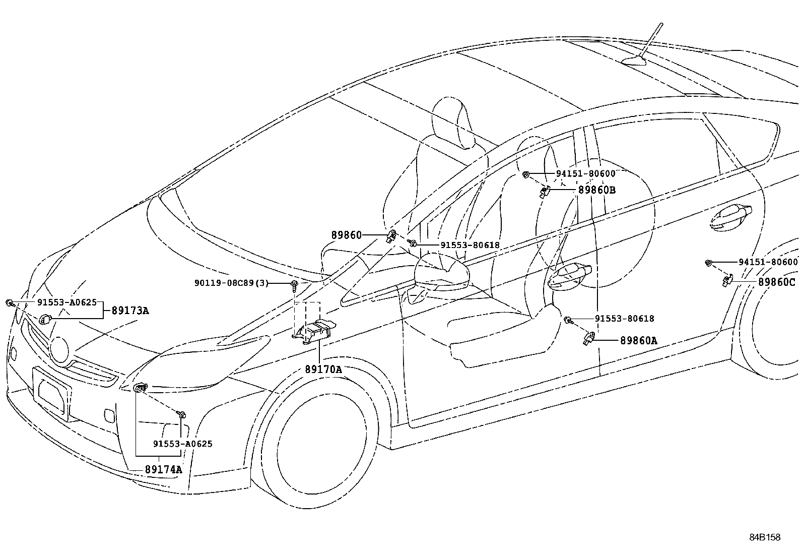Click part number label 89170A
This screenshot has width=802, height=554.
323,370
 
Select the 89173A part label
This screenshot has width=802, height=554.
130,311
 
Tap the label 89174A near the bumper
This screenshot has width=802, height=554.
163,469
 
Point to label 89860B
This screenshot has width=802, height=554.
597,190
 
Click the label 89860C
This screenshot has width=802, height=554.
776,282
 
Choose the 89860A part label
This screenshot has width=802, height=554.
638,341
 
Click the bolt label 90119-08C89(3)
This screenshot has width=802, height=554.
231,283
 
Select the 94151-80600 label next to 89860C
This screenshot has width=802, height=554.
768,262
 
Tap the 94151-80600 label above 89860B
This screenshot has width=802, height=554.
585,173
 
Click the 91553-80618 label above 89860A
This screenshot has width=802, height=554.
624,319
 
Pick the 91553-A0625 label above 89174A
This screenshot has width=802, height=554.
182,444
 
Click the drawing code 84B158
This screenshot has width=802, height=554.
764,537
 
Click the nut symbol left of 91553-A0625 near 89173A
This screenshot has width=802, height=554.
10,303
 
